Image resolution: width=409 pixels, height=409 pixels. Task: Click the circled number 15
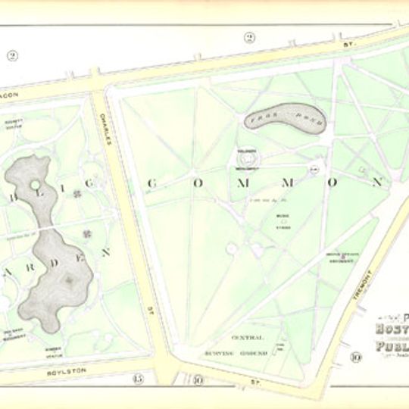[137, 379]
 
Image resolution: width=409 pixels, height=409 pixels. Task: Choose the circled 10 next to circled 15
[198, 380]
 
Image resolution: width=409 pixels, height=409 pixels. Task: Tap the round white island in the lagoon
[35, 184]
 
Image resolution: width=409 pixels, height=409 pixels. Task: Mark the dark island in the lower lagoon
[69, 280]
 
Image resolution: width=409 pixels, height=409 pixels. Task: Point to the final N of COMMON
[376, 183]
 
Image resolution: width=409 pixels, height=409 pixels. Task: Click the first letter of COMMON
[151, 183]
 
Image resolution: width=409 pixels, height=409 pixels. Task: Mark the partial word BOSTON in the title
[392, 329]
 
